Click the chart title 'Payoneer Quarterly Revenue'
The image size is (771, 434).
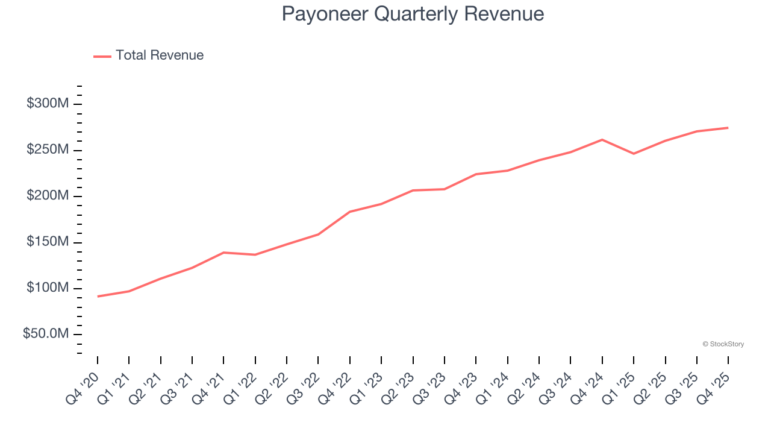(413, 14)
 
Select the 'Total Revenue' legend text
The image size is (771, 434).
(160, 55)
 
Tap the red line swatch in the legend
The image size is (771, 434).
(102, 56)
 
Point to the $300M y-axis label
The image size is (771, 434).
(48, 104)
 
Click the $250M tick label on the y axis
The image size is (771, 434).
(48, 149)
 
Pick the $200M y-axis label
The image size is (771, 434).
(48, 196)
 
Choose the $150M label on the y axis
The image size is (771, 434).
(48, 242)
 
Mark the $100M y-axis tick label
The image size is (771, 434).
(48, 288)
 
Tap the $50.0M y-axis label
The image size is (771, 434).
(46, 334)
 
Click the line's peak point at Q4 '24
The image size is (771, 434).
(602, 140)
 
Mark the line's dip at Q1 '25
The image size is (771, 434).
(634, 154)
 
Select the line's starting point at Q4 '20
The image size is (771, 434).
(98, 296)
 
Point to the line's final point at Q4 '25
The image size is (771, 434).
(728, 128)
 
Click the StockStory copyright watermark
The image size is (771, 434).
(723, 344)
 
